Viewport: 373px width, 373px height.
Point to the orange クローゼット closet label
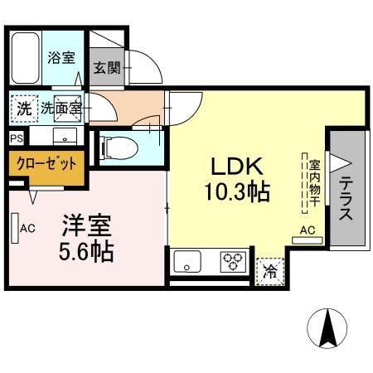(46, 163)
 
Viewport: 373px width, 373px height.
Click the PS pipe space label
(17, 138)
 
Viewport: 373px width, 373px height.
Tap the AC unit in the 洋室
(17, 229)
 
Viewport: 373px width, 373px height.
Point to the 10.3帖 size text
(236, 192)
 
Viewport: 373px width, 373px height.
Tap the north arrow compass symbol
(328, 329)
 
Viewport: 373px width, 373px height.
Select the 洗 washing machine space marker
(22, 106)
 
